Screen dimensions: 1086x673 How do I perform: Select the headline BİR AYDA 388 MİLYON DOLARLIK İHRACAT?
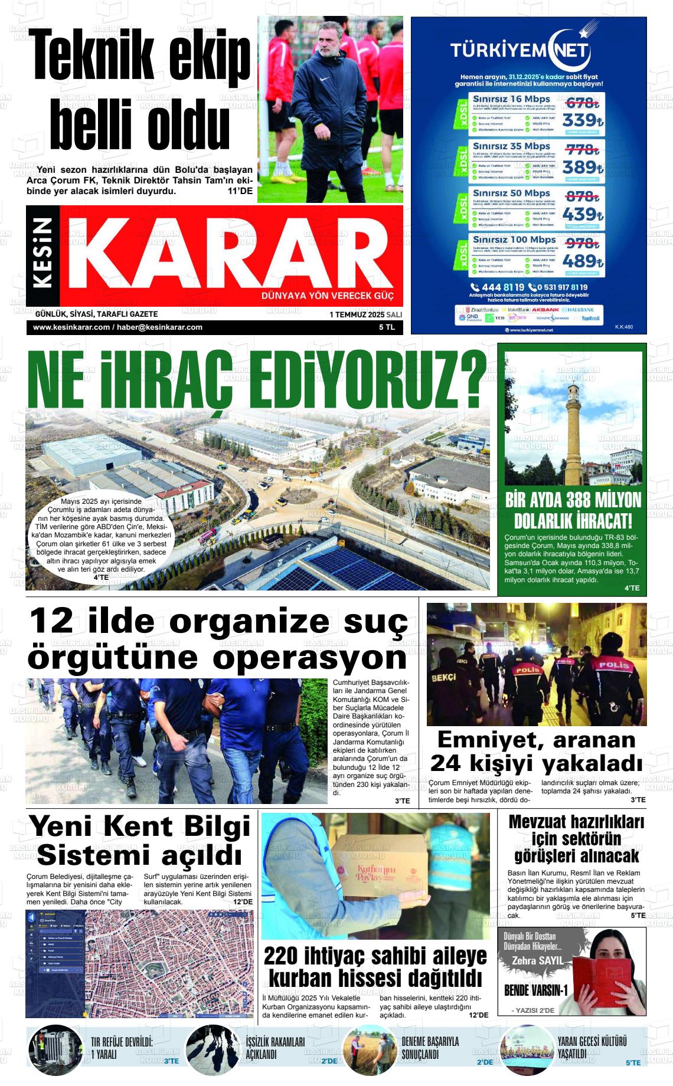[573, 510]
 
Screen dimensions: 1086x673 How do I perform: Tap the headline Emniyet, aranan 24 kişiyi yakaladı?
[536, 751]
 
